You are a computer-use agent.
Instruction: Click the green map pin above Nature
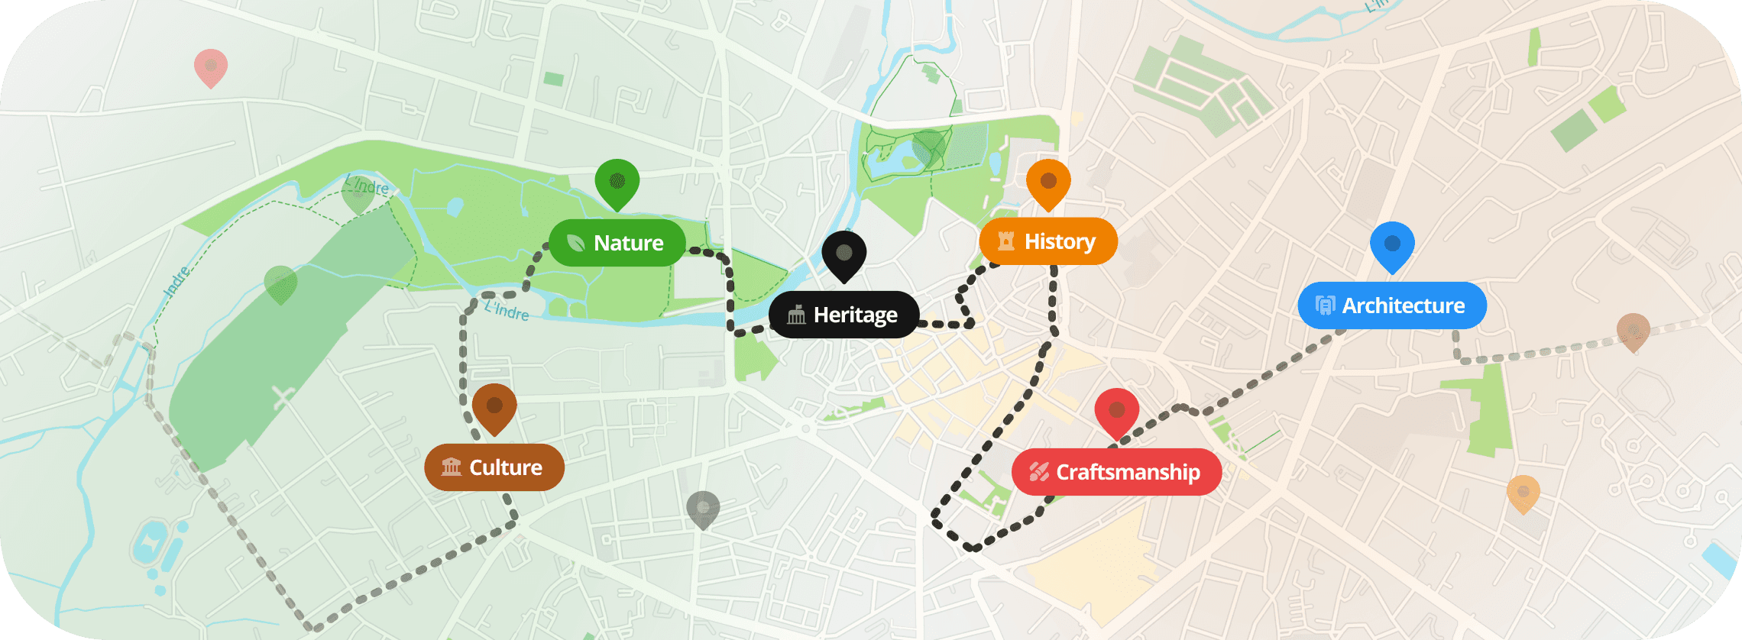[617, 183]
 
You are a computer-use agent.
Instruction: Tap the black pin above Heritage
[843, 254]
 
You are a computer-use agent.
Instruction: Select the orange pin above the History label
[1048, 183]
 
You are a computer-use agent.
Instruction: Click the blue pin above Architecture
[1392, 245]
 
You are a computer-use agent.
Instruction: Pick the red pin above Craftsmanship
[1116, 412]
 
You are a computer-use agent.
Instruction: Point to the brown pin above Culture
[494, 407]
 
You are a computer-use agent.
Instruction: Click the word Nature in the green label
[629, 243]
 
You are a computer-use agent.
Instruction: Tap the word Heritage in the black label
[856, 315]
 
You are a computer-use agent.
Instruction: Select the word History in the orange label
[1060, 241]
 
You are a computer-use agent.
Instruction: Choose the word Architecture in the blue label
[1404, 305]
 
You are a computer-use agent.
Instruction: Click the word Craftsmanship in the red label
[1128, 472]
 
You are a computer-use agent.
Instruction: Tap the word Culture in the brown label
[506, 467]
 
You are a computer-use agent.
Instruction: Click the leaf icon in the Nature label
[576, 243]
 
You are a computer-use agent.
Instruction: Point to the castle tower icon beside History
[1006, 241]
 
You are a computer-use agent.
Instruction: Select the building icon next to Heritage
[796, 315]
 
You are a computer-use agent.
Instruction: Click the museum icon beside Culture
[452, 467]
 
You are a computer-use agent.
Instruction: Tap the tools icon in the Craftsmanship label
[1038, 472]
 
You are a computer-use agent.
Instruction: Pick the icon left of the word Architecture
[1325, 305]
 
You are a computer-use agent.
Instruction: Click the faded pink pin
[211, 67]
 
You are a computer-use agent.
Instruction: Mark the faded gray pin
[703, 509]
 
